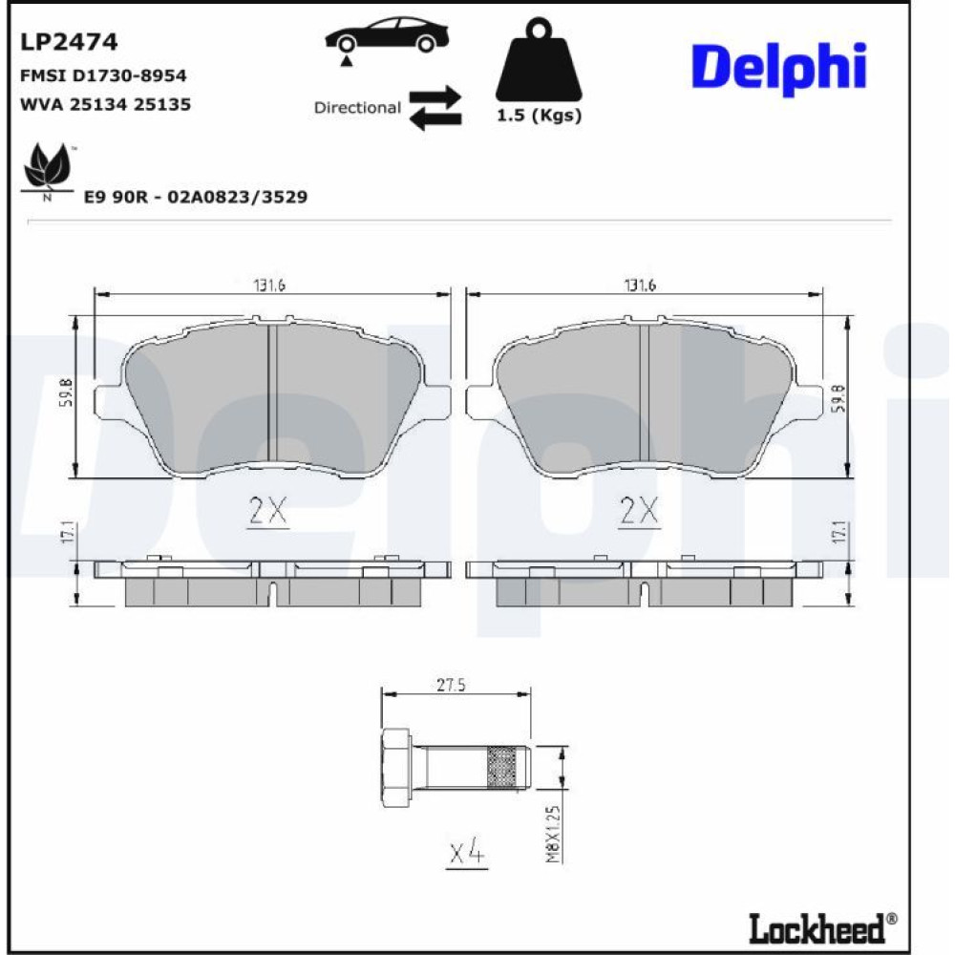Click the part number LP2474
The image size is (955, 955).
pyautogui.click(x=69, y=42)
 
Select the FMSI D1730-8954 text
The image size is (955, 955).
pyautogui.click(x=103, y=75)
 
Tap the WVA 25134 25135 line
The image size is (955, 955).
pyautogui.click(x=105, y=104)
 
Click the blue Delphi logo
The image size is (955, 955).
pyautogui.click(x=779, y=68)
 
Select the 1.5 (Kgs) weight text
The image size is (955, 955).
pyautogui.click(x=539, y=116)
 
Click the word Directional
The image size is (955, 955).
pyautogui.click(x=357, y=108)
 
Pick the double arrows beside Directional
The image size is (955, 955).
pyautogui.click(x=435, y=107)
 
